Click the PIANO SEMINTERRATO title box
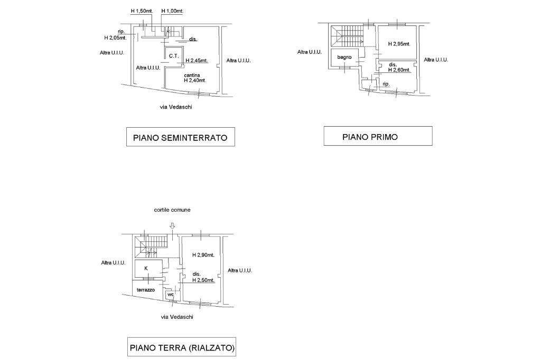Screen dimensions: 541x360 pyautogui.click(x=181, y=137)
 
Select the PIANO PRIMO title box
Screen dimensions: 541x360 pyautogui.click(x=378, y=136)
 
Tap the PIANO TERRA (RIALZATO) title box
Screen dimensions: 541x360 pyautogui.click(x=182, y=347)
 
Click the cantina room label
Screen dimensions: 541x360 pyautogui.click(x=192, y=75)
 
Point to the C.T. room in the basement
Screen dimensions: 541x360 pyautogui.click(x=174, y=55)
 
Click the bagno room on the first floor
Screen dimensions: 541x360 pyautogui.click(x=344, y=57)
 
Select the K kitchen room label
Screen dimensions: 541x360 pyautogui.click(x=146, y=268)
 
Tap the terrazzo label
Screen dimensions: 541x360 pyautogui.click(x=146, y=290)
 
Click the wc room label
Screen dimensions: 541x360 pyautogui.click(x=171, y=295)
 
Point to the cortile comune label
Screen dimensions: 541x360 pyautogui.click(x=172, y=210)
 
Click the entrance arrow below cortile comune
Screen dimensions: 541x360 pyautogui.click(x=172, y=226)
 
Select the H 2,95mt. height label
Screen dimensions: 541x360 pyautogui.click(x=399, y=44)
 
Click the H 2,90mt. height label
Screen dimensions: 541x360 pyautogui.click(x=203, y=255)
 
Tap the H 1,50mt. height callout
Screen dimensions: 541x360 pyautogui.click(x=142, y=11)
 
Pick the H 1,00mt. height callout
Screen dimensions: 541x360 pyautogui.click(x=172, y=11)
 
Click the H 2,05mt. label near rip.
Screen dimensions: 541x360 pyautogui.click(x=116, y=38)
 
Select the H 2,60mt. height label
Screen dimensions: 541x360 pyautogui.click(x=399, y=70)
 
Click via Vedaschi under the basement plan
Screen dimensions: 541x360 pyautogui.click(x=175, y=107)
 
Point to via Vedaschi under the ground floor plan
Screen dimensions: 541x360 pyautogui.click(x=177, y=317)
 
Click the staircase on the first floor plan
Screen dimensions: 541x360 pyautogui.click(x=347, y=36)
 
